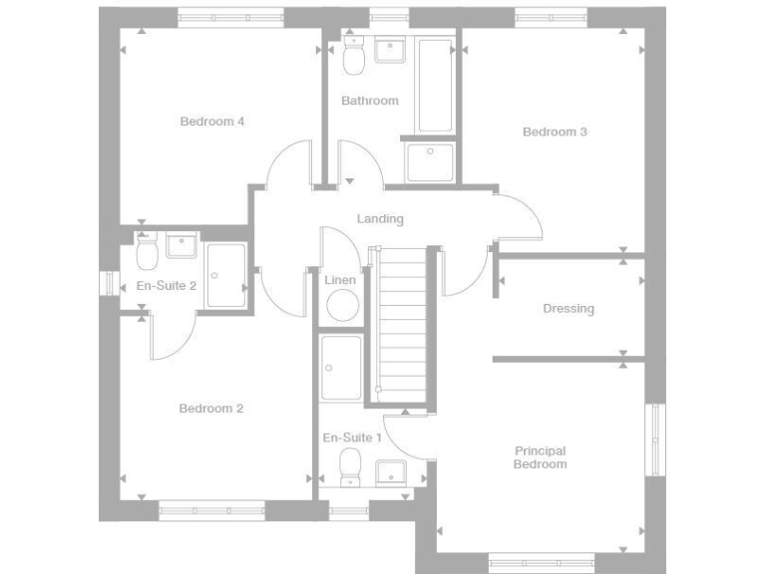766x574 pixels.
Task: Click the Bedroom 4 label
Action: pyautogui.click(x=211, y=122)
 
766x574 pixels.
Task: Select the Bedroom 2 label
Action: pyautogui.click(x=211, y=409)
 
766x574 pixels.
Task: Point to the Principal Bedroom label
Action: pyautogui.click(x=540, y=457)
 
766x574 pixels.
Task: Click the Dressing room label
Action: pyautogui.click(x=569, y=309)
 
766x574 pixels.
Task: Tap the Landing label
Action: pyautogui.click(x=380, y=219)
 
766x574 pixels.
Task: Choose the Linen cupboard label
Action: pyautogui.click(x=340, y=280)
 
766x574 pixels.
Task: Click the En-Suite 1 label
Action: pyautogui.click(x=352, y=437)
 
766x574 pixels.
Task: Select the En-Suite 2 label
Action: pyautogui.click(x=166, y=285)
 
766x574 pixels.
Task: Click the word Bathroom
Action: pyautogui.click(x=369, y=101)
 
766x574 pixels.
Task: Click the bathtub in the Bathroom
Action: pyautogui.click(x=435, y=85)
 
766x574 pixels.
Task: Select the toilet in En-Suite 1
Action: pyautogui.click(x=350, y=466)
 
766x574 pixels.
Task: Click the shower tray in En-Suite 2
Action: pyautogui.click(x=226, y=276)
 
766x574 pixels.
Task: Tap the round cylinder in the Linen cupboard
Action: pyautogui.click(x=341, y=305)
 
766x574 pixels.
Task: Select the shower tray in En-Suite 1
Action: pyautogui.click(x=341, y=367)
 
